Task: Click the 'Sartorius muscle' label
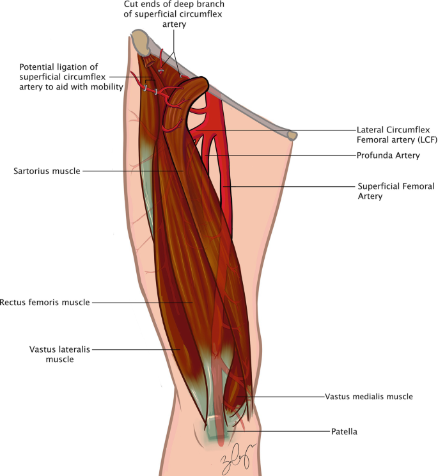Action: coord(45,171)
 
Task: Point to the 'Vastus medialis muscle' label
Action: coord(369,397)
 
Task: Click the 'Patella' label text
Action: coord(344,432)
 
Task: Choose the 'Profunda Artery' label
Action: coord(385,155)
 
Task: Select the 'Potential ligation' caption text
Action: coord(70,76)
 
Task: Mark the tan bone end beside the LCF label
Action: coord(292,135)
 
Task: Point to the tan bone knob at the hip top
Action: coord(139,42)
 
